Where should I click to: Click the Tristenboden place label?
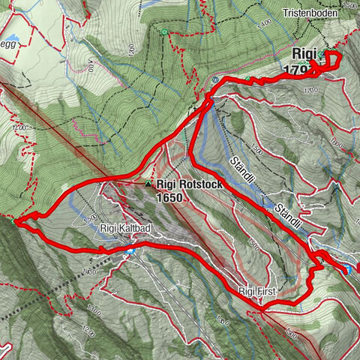[x=311, y=13]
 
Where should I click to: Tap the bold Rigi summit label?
[x=303, y=54]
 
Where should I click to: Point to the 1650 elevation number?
[x=170, y=197]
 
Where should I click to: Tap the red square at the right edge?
[x=357, y=267]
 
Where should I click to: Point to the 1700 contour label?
[x=311, y=90]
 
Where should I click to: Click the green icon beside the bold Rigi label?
[x=322, y=55]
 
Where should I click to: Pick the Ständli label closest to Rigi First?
[x=287, y=214]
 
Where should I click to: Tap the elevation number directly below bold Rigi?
[x=304, y=70]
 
